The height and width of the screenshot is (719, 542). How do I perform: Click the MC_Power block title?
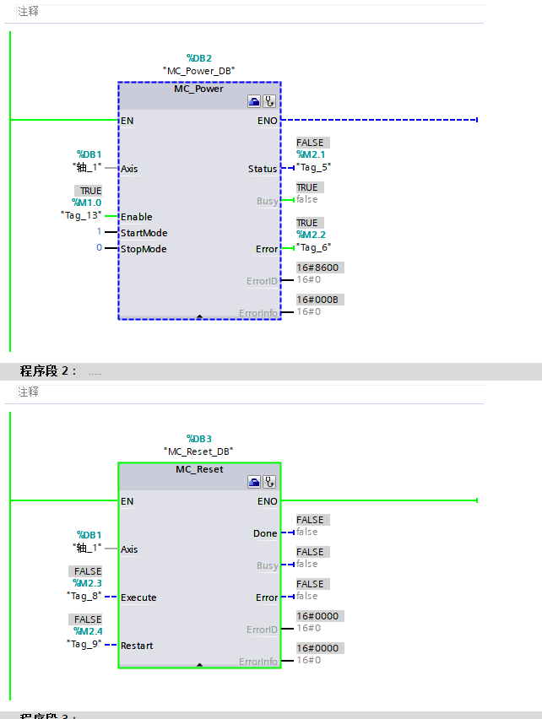coord(198,89)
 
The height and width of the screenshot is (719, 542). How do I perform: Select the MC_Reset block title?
coord(199,469)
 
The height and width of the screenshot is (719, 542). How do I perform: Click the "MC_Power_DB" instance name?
coord(198,71)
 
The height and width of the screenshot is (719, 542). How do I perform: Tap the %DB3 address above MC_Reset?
coord(198,439)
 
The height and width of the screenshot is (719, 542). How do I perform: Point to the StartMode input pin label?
coord(144,233)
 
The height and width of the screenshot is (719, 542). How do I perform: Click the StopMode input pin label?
coord(143,249)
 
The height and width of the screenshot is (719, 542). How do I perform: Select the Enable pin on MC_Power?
coord(136,217)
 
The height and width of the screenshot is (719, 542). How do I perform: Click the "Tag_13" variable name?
coord(82,215)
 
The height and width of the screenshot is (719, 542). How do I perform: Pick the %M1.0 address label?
coord(87,203)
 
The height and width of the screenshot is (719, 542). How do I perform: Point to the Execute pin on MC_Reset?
coord(138,597)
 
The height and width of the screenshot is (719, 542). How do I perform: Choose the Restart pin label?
coord(137,646)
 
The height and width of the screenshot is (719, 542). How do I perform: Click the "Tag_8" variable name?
coord(84,595)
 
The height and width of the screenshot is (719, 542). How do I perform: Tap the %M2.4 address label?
coord(87,631)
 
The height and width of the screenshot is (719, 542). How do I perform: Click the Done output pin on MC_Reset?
coord(265,533)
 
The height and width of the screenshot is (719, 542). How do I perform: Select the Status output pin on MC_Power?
coord(263,169)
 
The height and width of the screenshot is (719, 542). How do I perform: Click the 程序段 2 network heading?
coord(49,371)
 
